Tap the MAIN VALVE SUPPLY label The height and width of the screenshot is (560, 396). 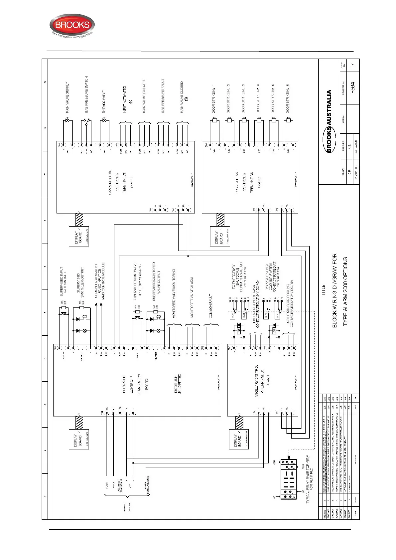67,97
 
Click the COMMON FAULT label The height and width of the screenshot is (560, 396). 211,305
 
